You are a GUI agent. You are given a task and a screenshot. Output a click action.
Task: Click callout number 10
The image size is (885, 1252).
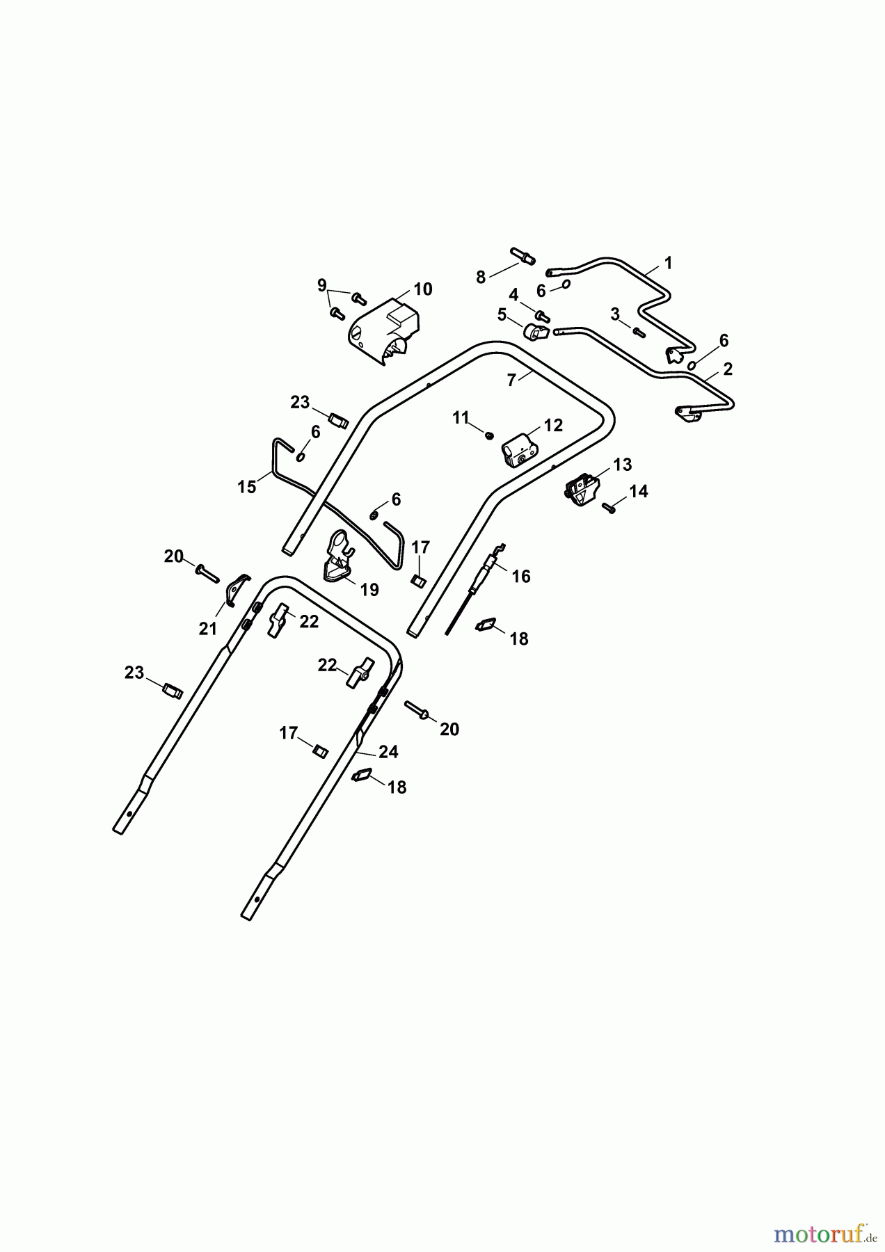423,289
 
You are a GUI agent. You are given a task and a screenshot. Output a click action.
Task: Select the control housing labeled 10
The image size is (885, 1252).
384,332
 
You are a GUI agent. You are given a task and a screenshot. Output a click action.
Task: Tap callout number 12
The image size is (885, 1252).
553,425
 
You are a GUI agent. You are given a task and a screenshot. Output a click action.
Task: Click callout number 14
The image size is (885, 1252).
639,492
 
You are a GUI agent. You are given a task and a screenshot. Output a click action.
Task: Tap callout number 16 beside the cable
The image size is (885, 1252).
521,577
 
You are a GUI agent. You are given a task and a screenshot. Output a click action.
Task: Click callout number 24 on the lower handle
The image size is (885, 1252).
388,752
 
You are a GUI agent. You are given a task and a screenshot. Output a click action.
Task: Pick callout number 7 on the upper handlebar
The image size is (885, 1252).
511,381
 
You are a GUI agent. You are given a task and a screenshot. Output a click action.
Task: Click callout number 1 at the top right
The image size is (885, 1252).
669,264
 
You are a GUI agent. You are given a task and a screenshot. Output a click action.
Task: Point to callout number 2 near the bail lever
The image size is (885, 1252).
728,369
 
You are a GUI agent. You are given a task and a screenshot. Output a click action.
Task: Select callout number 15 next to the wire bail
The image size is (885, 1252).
247,487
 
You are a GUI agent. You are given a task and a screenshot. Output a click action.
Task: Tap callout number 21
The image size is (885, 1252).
208,629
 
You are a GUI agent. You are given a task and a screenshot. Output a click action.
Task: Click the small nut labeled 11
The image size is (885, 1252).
489,435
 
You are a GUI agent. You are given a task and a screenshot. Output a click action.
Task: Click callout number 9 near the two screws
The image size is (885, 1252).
321,285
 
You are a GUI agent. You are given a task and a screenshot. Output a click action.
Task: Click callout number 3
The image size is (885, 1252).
615,314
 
